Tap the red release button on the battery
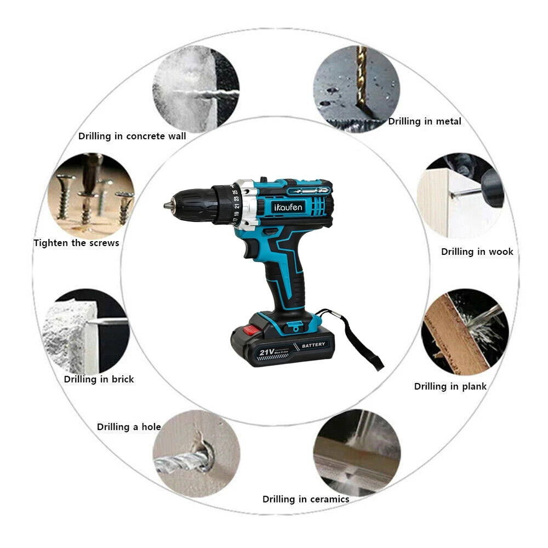point(250,330)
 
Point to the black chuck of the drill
point(189,205)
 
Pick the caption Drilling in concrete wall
point(132,136)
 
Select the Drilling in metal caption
point(425,122)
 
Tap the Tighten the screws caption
point(76,243)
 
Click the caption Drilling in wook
point(477,252)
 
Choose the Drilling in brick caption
point(99,379)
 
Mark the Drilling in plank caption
point(450,386)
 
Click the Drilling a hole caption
point(129,427)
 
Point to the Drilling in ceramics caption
point(306,499)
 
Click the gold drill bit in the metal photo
point(362,82)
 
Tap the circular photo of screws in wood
point(91,195)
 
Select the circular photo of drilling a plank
point(465,332)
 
